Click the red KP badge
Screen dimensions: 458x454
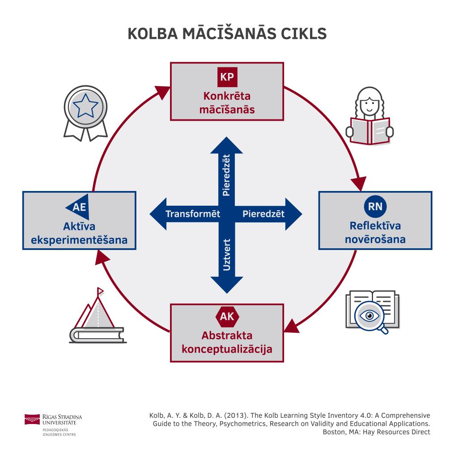tap(227, 76)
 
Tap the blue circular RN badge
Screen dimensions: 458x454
tap(375, 206)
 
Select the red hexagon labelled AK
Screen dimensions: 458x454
tap(227, 317)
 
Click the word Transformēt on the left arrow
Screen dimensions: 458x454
tap(193, 214)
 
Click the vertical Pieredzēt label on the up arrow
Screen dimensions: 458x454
tap(227, 174)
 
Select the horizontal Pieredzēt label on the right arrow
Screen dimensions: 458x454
tap(263, 214)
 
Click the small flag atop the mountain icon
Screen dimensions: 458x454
tap(100, 291)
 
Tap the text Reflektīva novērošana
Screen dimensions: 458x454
tap(375, 232)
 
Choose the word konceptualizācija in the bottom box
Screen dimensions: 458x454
tap(227, 348)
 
